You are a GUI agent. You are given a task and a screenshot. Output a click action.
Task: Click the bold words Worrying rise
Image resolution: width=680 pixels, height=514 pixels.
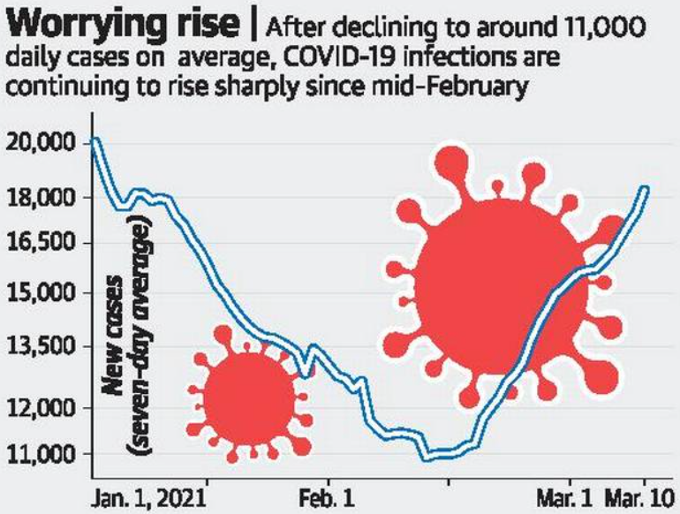click(x=124, y=24)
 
